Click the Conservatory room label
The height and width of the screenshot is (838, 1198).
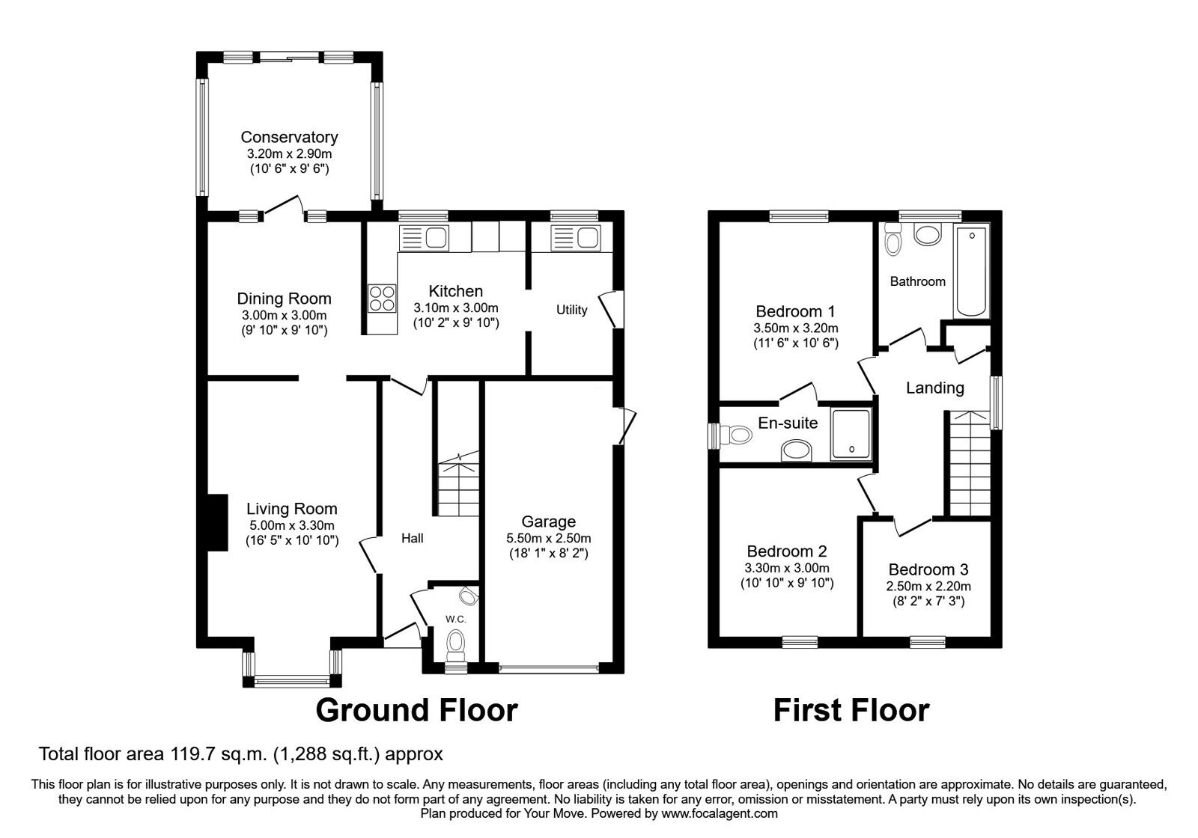tap(289, 137)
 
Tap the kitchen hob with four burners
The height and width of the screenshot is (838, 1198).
tap(381, 299)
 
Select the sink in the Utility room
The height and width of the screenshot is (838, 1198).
tap(574, 239)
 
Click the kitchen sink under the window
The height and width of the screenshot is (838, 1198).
tap(424, 239)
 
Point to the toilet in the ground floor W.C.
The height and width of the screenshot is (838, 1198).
tap(455, 642)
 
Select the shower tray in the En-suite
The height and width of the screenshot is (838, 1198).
tap(851, 434)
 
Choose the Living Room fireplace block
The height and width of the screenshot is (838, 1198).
tap(217, 522)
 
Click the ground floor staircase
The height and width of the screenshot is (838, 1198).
tap(457, 486)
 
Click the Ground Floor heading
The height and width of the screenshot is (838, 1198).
tap(416, 710)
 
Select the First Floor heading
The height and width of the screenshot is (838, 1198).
tap(851, 710)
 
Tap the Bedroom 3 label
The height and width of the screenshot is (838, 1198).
tap(928, 569)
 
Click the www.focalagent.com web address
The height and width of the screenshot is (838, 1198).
tap(719, 813)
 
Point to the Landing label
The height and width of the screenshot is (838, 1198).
tap(934, 388)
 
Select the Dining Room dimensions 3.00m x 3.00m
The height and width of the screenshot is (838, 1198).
tap(284, 316)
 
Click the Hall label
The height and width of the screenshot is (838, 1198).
tap(412, 538)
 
